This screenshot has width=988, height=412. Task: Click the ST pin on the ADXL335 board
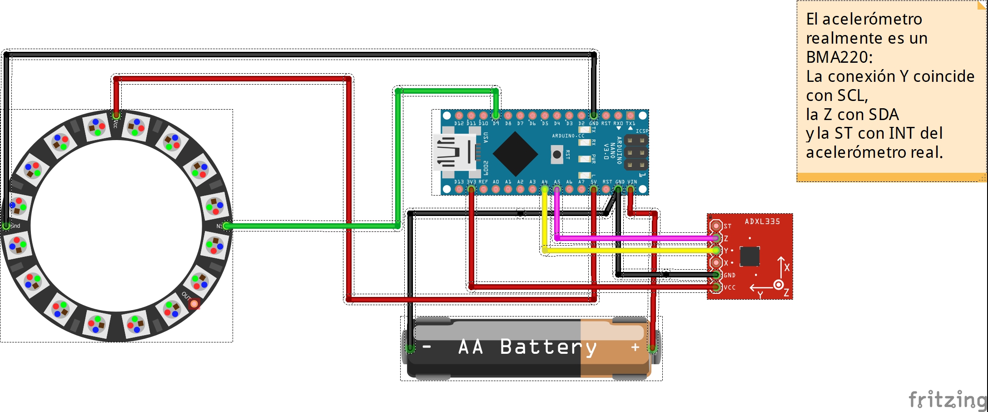coord(716,226)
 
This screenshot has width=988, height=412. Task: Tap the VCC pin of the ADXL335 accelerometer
coord(716,287)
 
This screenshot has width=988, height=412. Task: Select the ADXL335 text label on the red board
coord(762,221)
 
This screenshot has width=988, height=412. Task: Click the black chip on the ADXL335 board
coord(750,256)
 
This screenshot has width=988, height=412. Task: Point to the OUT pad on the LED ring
coord(194,303)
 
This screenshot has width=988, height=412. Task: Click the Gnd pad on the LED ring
coord(6,226)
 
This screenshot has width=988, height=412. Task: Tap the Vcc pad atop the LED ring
coord(116,116)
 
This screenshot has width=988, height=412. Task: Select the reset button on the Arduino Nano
coord(556,155)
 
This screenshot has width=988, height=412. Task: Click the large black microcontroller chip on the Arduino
coord(515,154)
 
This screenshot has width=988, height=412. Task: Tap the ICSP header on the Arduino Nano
coord(635,152)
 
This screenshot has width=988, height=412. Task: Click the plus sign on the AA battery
coord(635,347)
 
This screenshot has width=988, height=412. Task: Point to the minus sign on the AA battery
coord(427,347)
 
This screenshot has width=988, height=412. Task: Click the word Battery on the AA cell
coord(548,347)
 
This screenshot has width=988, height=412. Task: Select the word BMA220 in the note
coord(839,57)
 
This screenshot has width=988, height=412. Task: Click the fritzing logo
coord(947,400)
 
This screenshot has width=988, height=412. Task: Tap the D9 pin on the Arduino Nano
coord(496,116)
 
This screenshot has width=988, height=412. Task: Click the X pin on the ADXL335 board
coord(716,262)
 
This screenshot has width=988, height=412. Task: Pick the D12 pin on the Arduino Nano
coord(459,116)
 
